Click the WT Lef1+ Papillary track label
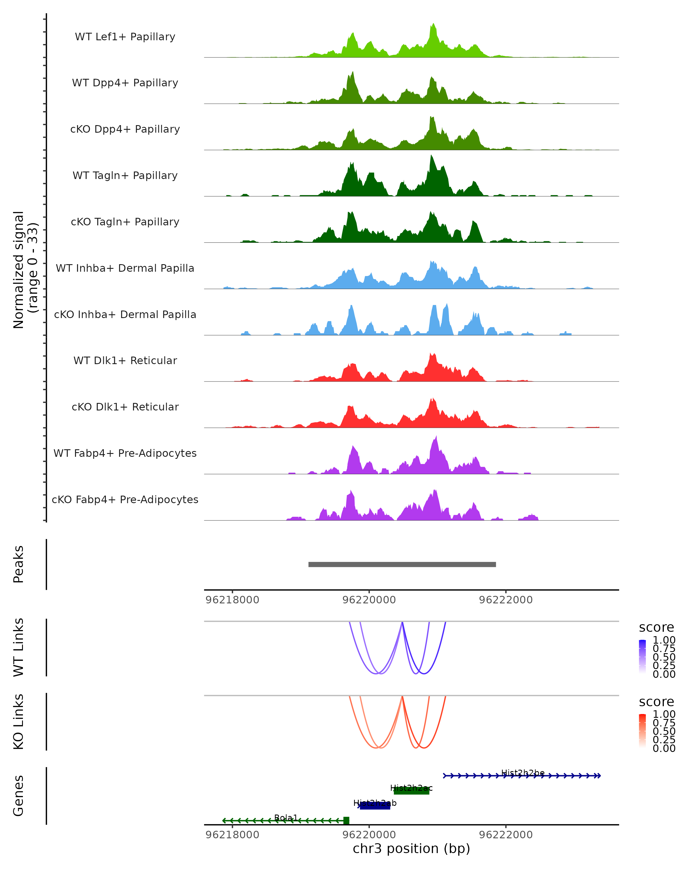pyautogui.click(x=125, y=37)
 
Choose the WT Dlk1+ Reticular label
pyautogui.click(x=125, y=360)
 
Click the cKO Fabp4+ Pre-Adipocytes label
pyautogui.click(x=125, y=499)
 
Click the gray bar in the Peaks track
pyautogui.click(x=402, y=564)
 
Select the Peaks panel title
pyautogui.click(x=19, y=564)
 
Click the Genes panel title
pyautogui.click(x=19, y=796)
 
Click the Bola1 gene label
pyautogui.click(x=286, y=817)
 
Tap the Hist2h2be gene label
pyautogui.click(x=523, y=773)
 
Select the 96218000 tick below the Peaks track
pyautogui.click(x=232, y=600)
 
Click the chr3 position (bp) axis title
pyautogui.click(x=411, y=848)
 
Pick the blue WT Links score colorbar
pyautogui.click(x=642, y=657)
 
